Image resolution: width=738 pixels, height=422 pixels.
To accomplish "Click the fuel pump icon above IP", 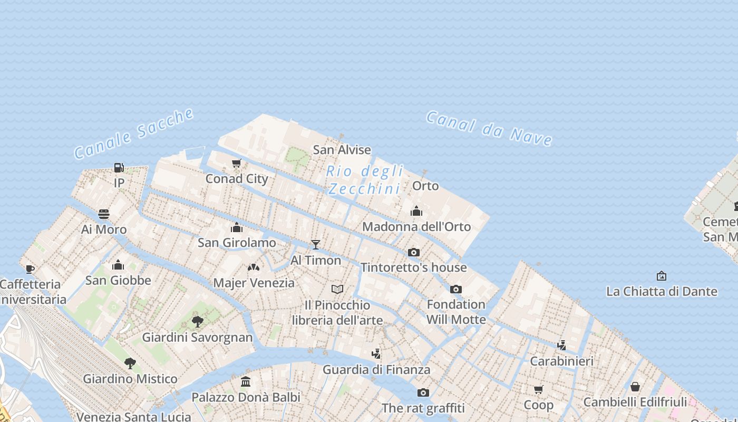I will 119,168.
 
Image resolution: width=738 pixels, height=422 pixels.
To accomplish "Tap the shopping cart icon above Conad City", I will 237,164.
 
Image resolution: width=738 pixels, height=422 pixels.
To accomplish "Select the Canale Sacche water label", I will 134,134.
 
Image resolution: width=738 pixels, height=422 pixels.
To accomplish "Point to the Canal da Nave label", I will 489,128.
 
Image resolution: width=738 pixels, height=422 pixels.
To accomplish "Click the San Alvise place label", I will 342,150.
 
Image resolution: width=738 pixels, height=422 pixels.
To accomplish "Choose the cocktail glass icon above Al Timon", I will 316,244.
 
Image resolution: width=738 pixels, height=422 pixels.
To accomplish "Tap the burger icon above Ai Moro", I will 104,214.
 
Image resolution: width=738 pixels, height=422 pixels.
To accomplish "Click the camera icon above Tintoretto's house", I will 414,252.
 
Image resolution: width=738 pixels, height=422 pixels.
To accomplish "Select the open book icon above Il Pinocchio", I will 337,289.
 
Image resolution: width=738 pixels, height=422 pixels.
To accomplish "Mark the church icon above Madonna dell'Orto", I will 416,211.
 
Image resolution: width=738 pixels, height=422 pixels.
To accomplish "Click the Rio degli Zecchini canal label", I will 364,180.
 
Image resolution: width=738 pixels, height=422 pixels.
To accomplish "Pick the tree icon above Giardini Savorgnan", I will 198,321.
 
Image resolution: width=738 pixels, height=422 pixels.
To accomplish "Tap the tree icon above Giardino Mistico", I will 130,363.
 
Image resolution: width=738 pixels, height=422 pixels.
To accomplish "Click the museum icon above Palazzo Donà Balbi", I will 246,381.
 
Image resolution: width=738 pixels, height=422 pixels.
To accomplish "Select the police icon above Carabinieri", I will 562,346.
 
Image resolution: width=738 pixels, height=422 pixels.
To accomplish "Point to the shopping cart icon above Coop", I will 538,389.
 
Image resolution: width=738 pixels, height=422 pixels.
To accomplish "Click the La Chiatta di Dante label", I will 662,291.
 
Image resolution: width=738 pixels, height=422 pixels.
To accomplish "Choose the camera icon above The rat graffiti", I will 423,392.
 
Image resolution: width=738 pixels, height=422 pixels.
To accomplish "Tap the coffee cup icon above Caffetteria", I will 30,269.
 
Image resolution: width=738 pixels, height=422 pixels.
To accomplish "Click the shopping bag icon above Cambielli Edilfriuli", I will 635,387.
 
